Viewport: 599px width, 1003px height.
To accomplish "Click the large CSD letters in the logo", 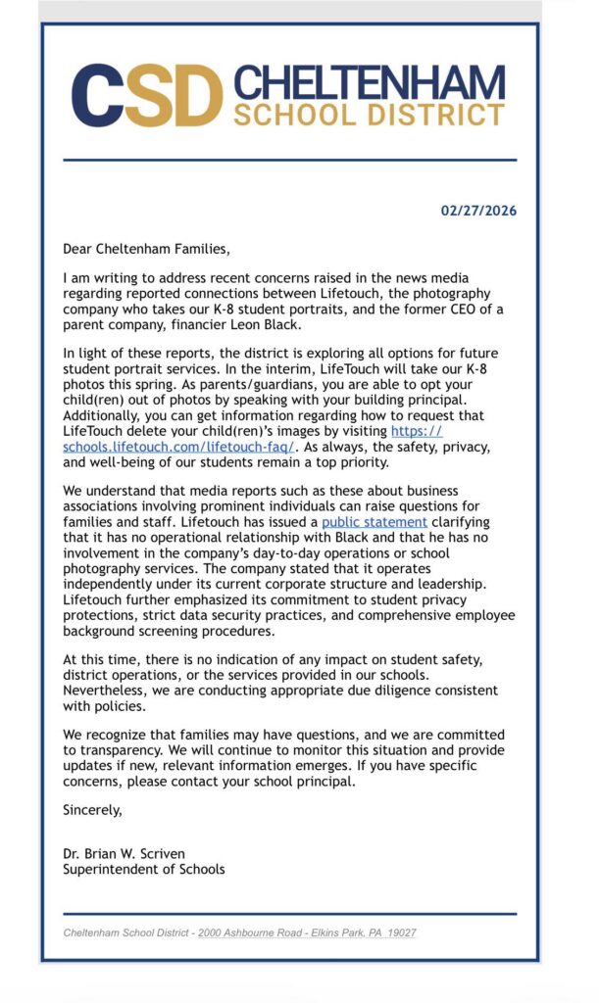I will click(x=147, y=96).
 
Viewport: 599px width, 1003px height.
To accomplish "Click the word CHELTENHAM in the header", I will click(x=369, y=83).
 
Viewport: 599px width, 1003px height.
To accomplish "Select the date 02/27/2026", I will click(x=478, y=211).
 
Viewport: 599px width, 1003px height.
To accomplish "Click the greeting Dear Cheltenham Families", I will click(x=146, y=249).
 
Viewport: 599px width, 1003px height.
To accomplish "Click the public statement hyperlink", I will click(x=374, y=522).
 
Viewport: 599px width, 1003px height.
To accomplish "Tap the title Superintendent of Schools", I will click(x=144, y=869).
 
